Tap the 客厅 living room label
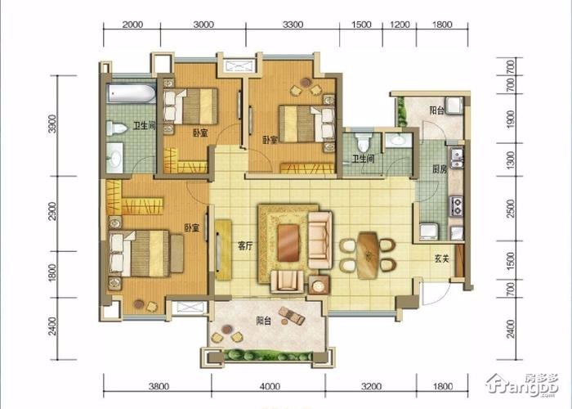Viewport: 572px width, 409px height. tap(245, 246)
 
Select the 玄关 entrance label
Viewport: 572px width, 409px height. tap(442, 259)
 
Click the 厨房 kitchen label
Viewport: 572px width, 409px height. tap(440, 169)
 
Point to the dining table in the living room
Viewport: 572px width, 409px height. tap(368, 255)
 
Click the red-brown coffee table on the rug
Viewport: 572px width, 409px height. tap(288, 243)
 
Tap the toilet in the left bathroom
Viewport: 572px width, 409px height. tap(116, 128)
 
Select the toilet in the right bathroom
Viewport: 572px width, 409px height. tap(363, 142)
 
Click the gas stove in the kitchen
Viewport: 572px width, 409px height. tap(456, 206)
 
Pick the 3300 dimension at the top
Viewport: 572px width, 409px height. tap(293, 25)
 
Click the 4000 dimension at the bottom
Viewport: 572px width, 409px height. tap(270, 386)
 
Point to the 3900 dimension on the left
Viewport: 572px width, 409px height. tap(52, 124)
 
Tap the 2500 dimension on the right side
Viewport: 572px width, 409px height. tap(511, 209)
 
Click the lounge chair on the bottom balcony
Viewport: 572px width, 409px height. tap(292, 316)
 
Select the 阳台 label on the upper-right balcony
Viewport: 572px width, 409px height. tap(436, 110)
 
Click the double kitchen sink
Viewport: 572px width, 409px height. tap(456, 158)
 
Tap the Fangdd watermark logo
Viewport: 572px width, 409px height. tap(522, 385)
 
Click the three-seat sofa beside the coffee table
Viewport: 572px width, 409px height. tap(320, 240)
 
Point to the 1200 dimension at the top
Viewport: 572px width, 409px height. tap(400, 25)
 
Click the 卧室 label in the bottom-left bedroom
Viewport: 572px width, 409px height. tap(191, 228)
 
